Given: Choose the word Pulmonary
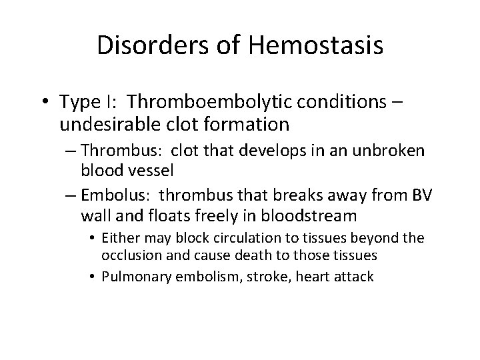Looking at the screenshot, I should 135,276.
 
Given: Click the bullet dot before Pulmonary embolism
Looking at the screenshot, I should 95,277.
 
